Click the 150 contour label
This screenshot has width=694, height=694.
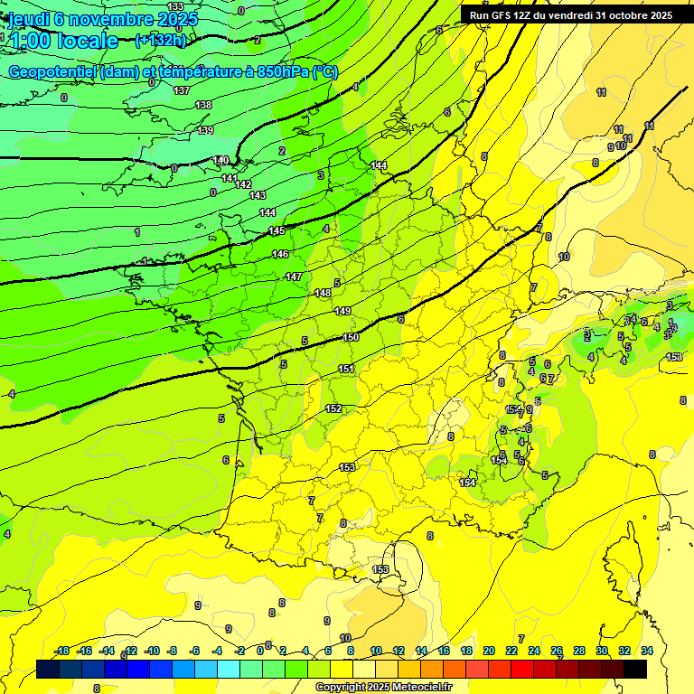coord(351,337)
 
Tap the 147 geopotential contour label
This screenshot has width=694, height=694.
coord(293,277)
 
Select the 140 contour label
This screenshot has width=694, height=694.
coord(220,161)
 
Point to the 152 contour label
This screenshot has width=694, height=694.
coord(333,409)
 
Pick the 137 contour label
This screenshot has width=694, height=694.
coord(182,90)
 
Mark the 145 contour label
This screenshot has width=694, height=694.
coord(277,231)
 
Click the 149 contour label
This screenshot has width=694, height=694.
coord(342,311)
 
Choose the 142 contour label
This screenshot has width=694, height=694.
coord(243,184)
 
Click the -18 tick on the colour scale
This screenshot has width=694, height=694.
coord(62,651)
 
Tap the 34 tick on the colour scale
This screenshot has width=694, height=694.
coord(646,651)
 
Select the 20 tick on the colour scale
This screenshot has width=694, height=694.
coord(489,651)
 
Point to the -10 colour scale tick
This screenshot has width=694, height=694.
coord(152,651)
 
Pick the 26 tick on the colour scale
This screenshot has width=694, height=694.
coord(556,651)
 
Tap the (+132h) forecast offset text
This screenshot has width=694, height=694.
coord(160,40)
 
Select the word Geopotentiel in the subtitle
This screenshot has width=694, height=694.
coord(52,71)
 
